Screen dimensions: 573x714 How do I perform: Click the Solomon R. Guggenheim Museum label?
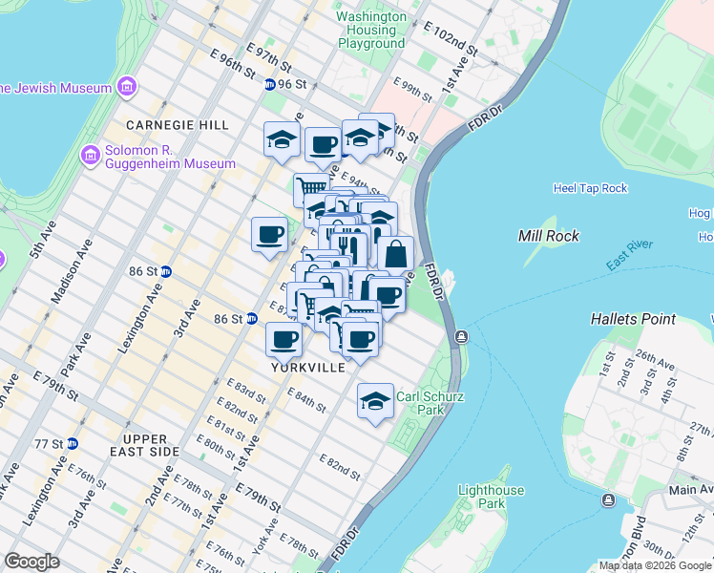(x=170, y=156)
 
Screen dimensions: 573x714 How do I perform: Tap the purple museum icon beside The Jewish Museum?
(x=126, y=89)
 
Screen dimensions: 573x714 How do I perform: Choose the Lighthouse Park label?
(x=491, y=497)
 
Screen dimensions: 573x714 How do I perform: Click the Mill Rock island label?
(x=550, y=235)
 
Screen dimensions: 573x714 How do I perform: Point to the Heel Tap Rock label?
(x=590, y=188)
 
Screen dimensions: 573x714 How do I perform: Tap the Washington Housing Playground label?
(x=371, y=30)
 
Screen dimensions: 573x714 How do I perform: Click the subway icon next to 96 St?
(x=270, y=84)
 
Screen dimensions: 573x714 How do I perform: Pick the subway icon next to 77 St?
(x=72, y=444)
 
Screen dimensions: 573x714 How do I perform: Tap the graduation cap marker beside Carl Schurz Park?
(x=376, y=401)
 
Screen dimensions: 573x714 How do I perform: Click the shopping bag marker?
(x=395, y=255)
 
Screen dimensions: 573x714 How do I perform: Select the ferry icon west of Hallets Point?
(x=462, y=336)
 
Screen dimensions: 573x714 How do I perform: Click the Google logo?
(x=32, y=562)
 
